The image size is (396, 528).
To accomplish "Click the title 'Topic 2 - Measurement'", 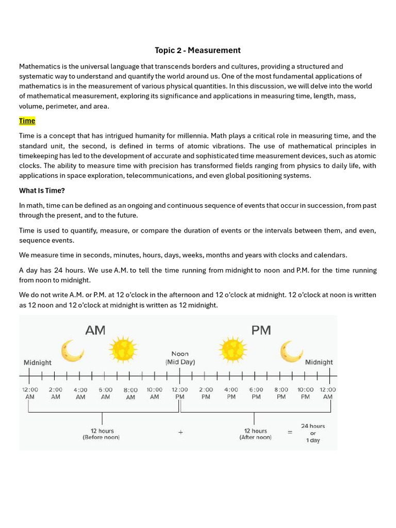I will pyautogui.click(x=197, y=50).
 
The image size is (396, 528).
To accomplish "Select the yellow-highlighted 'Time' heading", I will pyautogui.click(x=27, y=121).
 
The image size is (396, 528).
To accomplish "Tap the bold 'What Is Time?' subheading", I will pyautogui.click(x=42, y=190).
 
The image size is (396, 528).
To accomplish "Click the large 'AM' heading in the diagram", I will pyautogui.click(x=95, y=331).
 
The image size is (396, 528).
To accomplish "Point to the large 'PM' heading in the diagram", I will pyautogui.click(x=261, y=331).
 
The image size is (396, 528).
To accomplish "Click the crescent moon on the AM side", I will pyautogui.click(x=72, y=351).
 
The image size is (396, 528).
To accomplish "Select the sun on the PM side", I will pyautogui.click(x=233, y=350).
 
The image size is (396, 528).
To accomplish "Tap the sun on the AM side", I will pyautogui.click(x=123, y=350).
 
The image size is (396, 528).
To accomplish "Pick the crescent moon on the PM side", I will pyautogui.click(x=291, y=351).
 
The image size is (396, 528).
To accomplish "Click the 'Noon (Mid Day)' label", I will pyautogui.click(x=180, y=358).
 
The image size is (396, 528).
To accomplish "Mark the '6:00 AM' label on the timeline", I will pyautogui.click(x=105, y=393).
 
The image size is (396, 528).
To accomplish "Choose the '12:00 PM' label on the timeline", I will pyautogui.click(x=180, y=393).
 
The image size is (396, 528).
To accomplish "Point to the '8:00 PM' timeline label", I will pyautogui.click(x=281, y=393).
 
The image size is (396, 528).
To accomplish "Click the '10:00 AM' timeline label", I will pyautogui.click(x=154, y=393).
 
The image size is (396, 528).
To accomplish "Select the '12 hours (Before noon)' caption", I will pyautogui.click(x=102, y=434).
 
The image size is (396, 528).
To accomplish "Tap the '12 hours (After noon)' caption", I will pyautogui.click(x=255, y=434).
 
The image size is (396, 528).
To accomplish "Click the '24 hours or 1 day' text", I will pyautogui.click(x=313, y=433).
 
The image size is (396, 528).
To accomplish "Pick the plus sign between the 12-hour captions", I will pyautogui.click(x=180, y=433).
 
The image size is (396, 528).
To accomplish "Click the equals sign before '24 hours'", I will pyautogui.click(x=290, y=433).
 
